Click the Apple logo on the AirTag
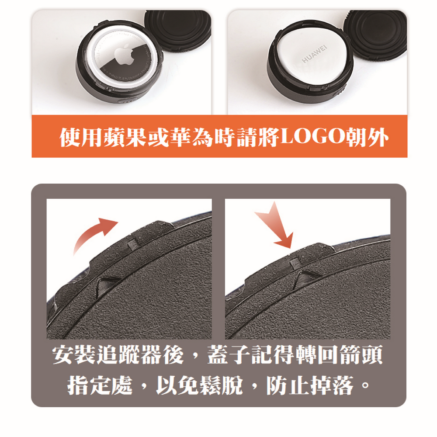125,54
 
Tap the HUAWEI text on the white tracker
314,53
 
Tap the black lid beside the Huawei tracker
375,33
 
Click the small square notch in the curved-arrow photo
133,245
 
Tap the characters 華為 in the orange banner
191,137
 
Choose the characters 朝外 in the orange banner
367,137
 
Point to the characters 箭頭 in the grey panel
361,355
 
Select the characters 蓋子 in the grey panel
229,355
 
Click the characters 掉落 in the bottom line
332,385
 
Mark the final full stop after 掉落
365,386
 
